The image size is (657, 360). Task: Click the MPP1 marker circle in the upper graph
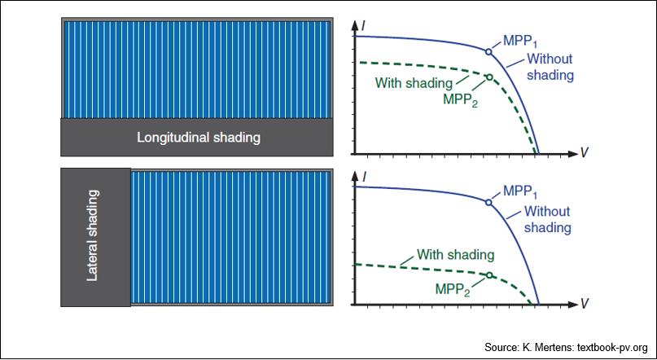pos(488,51)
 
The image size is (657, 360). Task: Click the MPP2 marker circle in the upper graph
pos(489,77)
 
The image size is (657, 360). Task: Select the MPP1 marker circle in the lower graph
pos(488,203)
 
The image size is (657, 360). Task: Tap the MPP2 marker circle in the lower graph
pos(489,275)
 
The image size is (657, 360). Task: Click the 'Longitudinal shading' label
pos(199,138)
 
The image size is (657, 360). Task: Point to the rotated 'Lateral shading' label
pos(94,235)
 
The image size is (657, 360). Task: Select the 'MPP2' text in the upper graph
pos(460,101)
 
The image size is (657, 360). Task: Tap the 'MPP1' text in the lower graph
pos(520,191)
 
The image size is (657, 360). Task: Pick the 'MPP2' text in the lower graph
pos(453,289)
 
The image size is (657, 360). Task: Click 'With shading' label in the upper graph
pos(414,83)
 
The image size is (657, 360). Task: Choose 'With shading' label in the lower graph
pos(455,254)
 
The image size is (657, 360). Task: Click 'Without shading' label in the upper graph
pos(550,67)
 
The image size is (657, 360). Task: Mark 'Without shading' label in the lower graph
pos(548,219)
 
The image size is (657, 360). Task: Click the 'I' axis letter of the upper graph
pos(363,26)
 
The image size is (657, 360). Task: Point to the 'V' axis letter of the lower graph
pos(585,304)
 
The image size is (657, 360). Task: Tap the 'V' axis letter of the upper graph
pos(585,153)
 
